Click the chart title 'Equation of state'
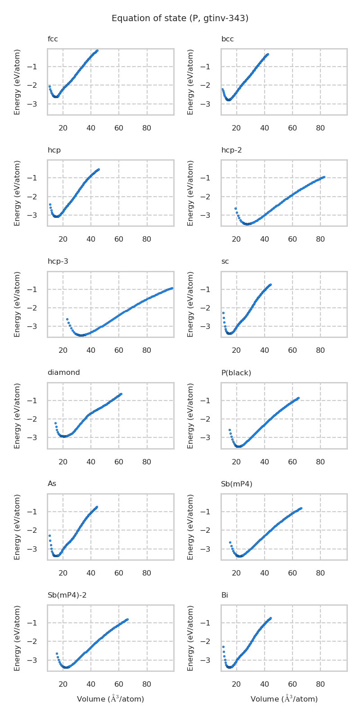tap(180, 18)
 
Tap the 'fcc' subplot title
tap(53, 39)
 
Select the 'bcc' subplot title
tap(227, 39)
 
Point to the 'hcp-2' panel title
tap(231, 150)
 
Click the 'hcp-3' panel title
tap(58, 261)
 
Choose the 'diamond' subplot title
tap(63, 373)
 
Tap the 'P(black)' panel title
tap(236, 373)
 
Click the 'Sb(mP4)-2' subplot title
tap(67, 595)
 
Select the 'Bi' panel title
tap(225, 595)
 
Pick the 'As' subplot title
tap(52, 484)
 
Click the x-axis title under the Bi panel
tap(284, 699)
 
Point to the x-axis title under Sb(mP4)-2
tap(110, 699)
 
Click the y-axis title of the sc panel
tap(191, 304)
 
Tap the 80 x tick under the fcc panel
tap(147, 128)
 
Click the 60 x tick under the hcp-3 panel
tap(119, 351)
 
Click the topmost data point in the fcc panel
tap(97, 51)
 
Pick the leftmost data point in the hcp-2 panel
tap(235, 208)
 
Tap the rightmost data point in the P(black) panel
tap(298, 398)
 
